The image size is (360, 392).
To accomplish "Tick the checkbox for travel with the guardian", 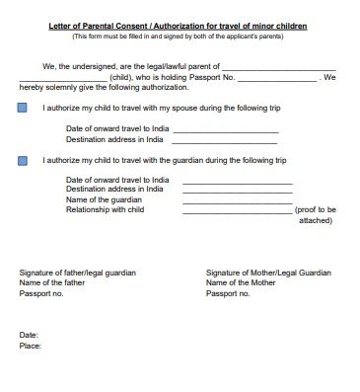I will [23, 158].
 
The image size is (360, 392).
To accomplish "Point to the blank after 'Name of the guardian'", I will [224, 200].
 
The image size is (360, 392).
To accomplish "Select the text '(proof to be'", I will [316, 210].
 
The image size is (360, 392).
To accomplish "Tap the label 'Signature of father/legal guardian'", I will [78, 272].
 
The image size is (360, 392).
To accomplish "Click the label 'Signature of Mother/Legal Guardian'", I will [267, 272].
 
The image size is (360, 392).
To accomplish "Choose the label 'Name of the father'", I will [51, 282].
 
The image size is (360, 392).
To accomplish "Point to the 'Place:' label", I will [31, 347].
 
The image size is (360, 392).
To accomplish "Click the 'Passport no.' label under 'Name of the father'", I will [40, 293].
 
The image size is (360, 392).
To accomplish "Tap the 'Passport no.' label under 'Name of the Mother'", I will [227, 293].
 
